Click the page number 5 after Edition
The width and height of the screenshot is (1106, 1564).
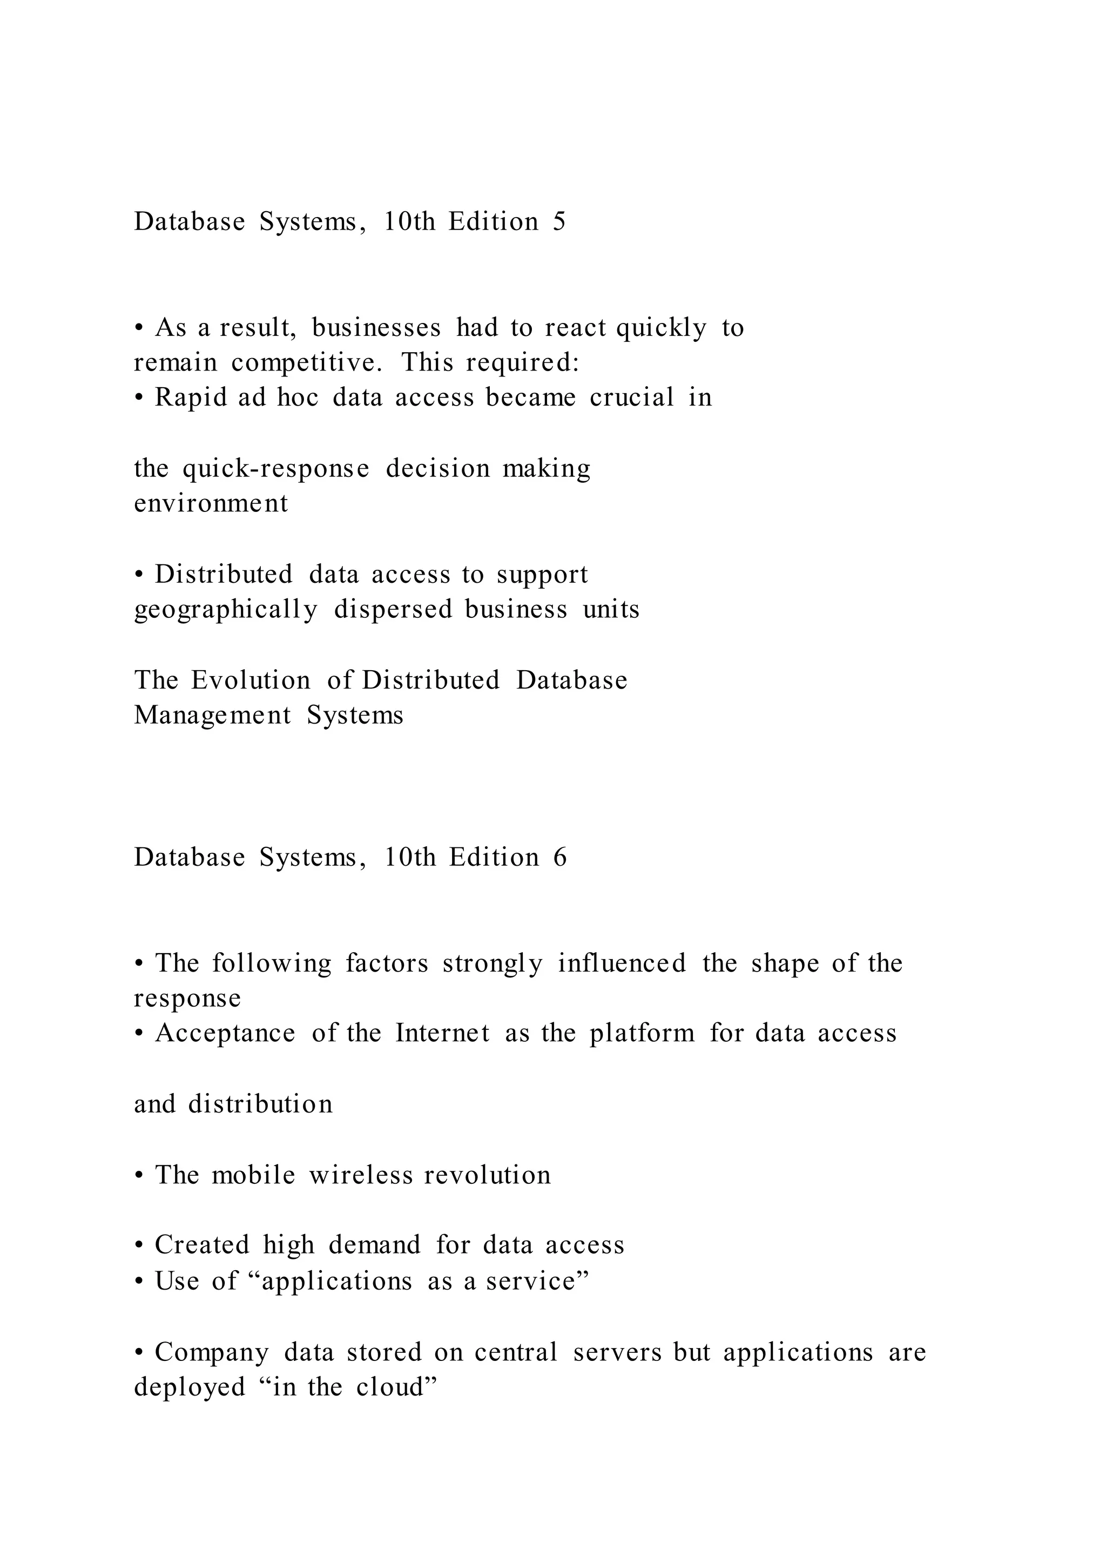click(x=558, y=222)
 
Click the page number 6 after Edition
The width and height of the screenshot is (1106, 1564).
click(x=560, y=857)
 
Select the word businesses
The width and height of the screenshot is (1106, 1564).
click(x=376, y=328)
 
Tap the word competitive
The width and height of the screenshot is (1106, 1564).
click(x=305, y=363)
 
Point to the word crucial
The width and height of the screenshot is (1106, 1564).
click(x=631, y=398)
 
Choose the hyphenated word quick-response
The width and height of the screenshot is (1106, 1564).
click(x=276, y=469)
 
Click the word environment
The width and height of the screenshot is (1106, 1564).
click(x=211, y=504)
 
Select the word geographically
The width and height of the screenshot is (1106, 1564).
click(x=225, y=610)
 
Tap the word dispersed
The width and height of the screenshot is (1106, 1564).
click(x=393, y=610)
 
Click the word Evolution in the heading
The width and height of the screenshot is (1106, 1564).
click(x=250, y=680)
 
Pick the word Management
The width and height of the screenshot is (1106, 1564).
click(x=212, y=715)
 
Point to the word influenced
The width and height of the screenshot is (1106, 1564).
click(x=621, y=964)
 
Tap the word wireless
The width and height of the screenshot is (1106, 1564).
click(x=360, y=1176)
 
